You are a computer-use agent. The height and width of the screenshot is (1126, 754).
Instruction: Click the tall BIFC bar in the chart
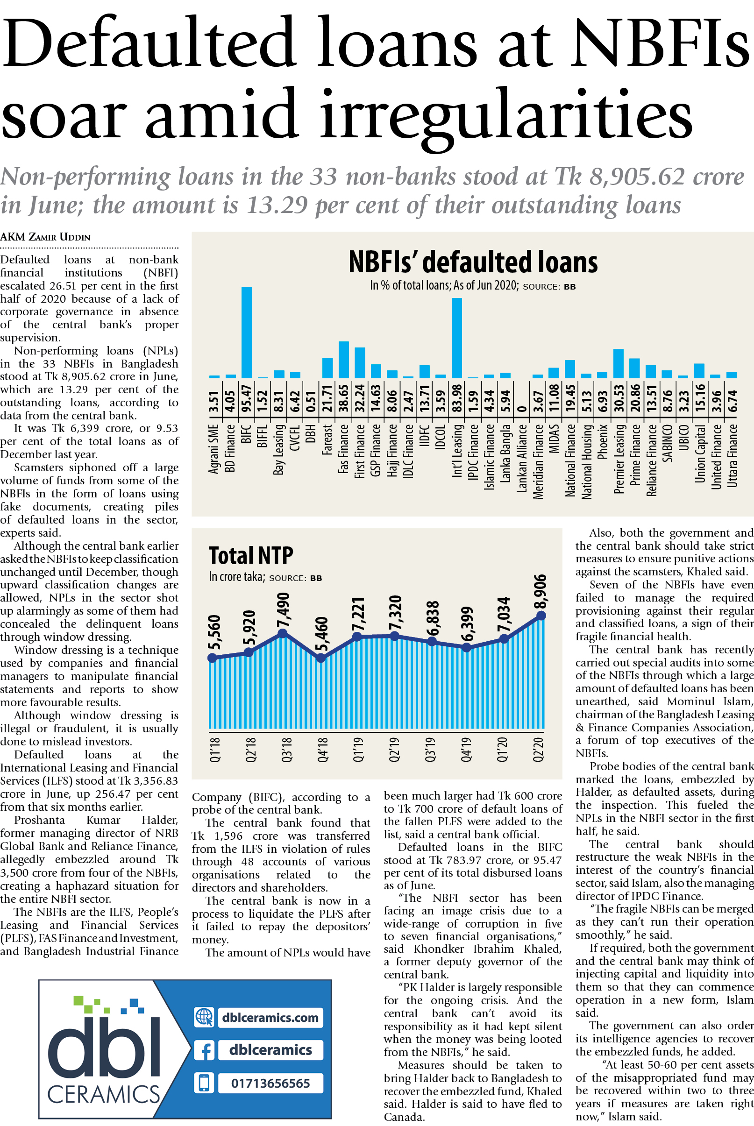246,332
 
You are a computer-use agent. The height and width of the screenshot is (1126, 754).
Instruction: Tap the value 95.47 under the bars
246,398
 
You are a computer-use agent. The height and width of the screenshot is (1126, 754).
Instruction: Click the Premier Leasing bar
619,363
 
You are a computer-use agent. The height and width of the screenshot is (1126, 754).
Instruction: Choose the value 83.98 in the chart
456,398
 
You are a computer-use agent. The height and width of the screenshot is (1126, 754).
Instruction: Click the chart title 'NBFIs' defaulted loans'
473,262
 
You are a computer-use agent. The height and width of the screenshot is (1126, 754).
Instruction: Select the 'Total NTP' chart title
250,556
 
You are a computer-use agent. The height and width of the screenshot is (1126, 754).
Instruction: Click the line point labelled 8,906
541,616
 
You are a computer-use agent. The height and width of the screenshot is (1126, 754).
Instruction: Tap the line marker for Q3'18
283,634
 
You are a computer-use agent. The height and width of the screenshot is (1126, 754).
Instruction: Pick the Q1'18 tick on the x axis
214,750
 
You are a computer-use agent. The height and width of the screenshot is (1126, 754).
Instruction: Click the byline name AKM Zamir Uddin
45,237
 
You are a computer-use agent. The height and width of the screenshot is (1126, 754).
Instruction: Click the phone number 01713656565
270,1083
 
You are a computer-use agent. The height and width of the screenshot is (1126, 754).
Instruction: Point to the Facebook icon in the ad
204,1050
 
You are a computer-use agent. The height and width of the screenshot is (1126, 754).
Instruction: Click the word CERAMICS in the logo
103,1094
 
